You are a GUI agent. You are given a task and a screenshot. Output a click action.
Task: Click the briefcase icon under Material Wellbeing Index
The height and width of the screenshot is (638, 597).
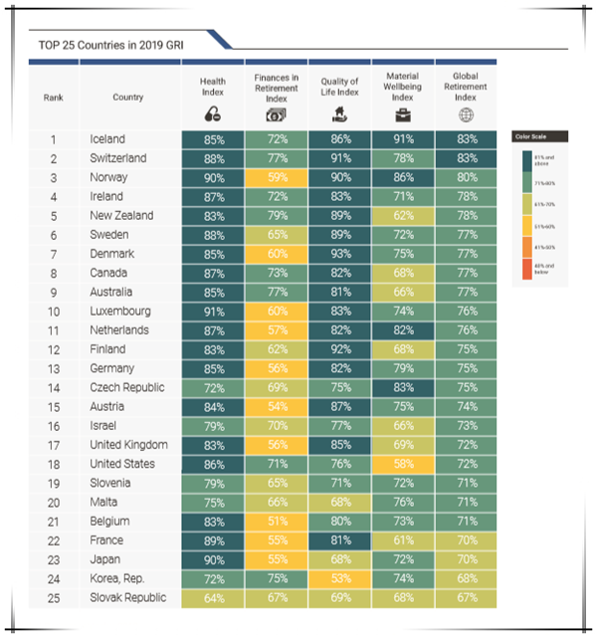pos(402,114)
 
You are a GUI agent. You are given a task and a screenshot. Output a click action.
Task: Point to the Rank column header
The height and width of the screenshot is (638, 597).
pos(54,98)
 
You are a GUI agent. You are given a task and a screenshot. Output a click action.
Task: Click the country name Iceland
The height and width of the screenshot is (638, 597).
pos(107,139)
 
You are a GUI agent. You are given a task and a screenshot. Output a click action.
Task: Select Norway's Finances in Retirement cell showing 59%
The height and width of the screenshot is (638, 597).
pos(277,177)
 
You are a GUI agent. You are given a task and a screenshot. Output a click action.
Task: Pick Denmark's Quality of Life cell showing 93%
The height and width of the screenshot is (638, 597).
pos(339,254)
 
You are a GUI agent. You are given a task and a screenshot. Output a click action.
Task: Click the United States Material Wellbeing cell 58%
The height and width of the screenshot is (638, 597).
pos(402,463)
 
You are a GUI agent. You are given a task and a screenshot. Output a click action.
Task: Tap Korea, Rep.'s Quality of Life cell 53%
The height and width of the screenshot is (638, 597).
pos(339,577)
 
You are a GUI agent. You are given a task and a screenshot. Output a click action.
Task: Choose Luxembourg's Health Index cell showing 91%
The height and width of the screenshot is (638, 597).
pos(214,311)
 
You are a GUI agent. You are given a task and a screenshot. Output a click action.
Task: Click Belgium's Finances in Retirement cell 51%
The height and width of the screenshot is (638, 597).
pos(277,521)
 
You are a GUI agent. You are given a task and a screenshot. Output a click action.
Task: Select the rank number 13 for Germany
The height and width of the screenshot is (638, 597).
pos(54,368)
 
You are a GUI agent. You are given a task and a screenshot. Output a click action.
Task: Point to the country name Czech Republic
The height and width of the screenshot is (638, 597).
pos(126,387)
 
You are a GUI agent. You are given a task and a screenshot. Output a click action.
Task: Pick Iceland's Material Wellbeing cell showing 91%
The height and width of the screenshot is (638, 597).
pos(402,139)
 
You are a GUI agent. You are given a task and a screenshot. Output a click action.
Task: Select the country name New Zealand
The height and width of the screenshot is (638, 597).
pos(121,215)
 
